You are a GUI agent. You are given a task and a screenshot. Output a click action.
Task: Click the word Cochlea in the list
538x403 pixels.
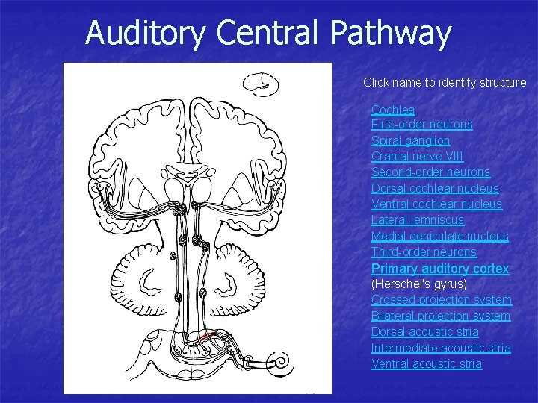[393, 110]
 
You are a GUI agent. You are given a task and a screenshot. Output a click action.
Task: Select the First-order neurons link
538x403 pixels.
[422, 125]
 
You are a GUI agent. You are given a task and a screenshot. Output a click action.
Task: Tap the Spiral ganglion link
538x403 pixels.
[410, 140]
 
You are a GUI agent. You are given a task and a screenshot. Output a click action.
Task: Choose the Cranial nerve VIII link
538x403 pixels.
[417, 156]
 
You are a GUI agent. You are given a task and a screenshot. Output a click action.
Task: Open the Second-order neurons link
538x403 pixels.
[430, 172]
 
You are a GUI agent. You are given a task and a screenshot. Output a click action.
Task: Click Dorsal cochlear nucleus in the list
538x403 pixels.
[435, 188]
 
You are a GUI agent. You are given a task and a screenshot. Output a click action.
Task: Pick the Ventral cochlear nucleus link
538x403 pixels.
[436, 204]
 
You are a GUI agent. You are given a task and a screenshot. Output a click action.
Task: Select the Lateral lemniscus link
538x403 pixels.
[418, 220]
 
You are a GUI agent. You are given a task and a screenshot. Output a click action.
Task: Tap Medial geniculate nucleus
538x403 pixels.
[440, 236]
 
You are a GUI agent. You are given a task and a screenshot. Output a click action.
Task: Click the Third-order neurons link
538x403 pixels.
[424, 252]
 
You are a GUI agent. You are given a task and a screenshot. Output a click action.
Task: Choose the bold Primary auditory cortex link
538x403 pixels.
[440, 268]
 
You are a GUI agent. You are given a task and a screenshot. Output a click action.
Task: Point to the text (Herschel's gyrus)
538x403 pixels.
[419, 284]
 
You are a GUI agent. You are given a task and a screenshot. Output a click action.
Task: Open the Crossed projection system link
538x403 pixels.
[442, 299]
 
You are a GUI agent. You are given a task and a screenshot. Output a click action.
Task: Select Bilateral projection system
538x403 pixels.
[441, 316]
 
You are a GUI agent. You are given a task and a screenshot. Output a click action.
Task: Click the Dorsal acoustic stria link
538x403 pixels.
[425, 331]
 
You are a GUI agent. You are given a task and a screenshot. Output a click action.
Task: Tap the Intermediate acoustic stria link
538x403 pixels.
[441, 348]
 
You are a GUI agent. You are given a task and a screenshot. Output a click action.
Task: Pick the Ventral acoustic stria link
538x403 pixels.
[427, 363]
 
